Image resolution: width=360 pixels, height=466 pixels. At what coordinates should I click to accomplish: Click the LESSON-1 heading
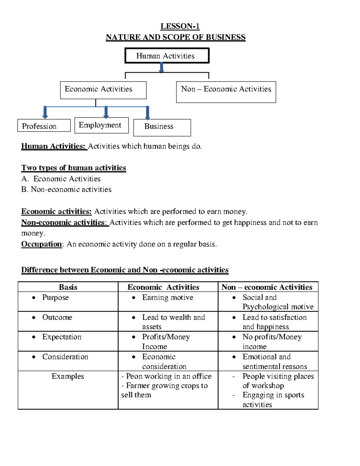[180, 26]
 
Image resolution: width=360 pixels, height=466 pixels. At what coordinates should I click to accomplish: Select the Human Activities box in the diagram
[167, 56]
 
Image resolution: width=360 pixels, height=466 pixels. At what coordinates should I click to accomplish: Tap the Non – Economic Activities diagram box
[226, 92]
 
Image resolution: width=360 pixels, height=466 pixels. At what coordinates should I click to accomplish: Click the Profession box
[44, 126]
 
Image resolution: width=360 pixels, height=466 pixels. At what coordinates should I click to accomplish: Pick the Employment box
[101, 125]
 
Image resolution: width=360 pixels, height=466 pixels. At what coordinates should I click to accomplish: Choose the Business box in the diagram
[162, 127]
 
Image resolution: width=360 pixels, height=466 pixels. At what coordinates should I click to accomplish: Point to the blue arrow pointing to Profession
[45, 112]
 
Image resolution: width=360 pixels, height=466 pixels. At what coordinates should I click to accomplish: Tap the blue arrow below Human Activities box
[161, 68]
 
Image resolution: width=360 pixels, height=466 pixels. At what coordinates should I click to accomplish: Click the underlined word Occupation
[41, 244]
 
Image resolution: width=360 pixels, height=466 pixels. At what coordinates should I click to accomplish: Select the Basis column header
[68, 287]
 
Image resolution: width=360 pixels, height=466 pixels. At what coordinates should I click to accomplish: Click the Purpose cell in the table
[55, 297]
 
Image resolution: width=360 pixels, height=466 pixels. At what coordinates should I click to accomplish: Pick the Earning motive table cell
[168, 297]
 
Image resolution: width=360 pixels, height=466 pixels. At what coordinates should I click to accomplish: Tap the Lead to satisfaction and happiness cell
[274, 322]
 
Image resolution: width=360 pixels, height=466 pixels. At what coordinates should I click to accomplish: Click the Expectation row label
[62, 337]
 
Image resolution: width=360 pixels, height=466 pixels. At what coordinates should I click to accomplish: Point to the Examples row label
[68, 376]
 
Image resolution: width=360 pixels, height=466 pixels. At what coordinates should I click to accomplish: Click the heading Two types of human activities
[73, 168]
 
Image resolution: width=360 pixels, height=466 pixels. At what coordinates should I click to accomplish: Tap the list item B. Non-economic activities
[66, 189]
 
